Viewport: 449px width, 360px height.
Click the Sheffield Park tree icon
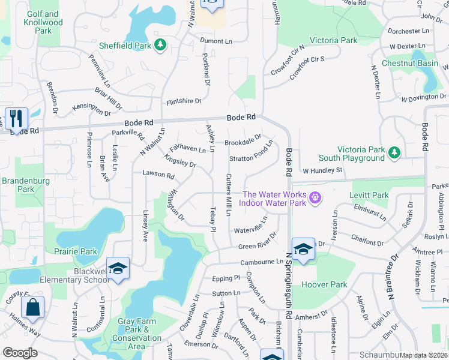[160, 44]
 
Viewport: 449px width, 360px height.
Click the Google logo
[20, 352]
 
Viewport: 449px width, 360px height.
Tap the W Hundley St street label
[322, 170]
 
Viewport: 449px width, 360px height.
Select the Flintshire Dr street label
[183, 101]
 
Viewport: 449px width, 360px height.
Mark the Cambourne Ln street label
[261, 262]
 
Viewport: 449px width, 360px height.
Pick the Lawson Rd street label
[158, 176]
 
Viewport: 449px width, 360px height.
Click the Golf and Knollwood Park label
[43, 22]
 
